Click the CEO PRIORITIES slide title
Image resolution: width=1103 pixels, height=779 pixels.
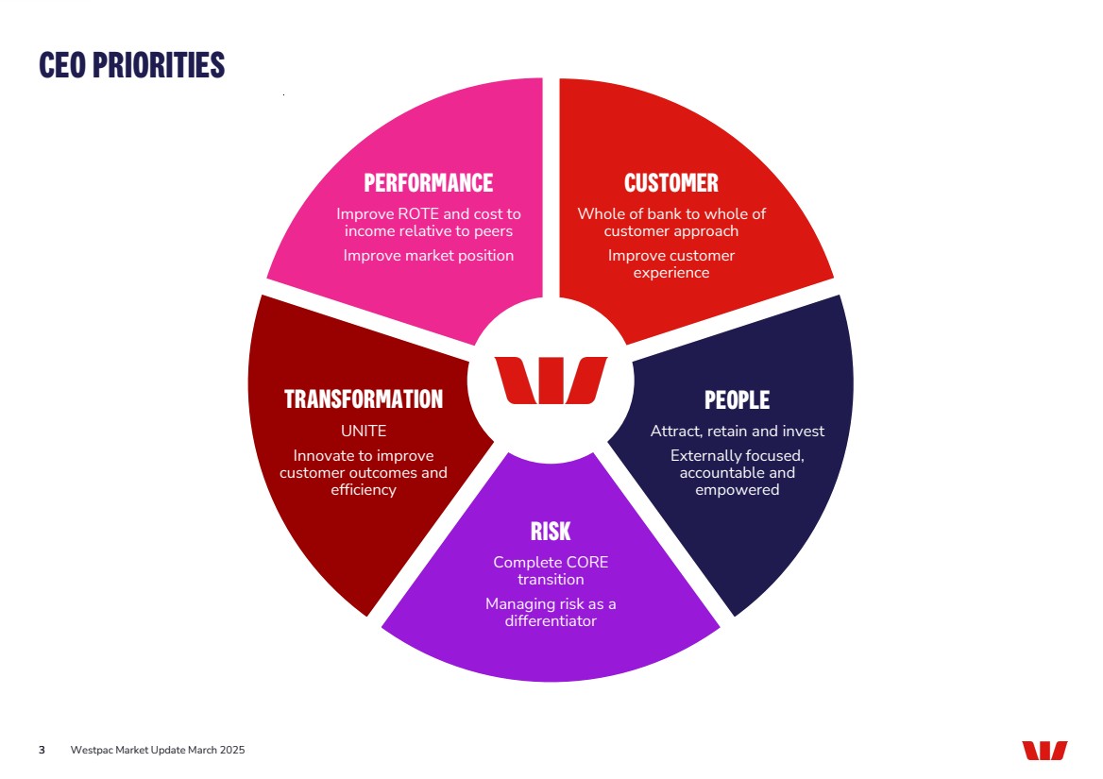click(x=132, y=64)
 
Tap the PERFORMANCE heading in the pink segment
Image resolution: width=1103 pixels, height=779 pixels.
click(x=429, y=182)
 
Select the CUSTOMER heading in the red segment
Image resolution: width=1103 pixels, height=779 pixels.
click(x=671, y=182)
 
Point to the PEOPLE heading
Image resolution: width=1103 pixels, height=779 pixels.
click(x=737, y=400)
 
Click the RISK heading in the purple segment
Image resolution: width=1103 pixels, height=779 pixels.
click(x=551, y=531)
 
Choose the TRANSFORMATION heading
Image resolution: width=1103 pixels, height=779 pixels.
click(x=364, y=399)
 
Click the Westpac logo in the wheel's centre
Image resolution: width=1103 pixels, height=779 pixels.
click(x=551, y=380)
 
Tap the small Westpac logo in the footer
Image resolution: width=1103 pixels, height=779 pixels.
click(x=1044, y=751)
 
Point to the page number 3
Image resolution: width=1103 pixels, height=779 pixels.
click(x=42, y=751)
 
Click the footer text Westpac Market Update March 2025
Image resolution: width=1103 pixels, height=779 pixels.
click(x=158, y=751)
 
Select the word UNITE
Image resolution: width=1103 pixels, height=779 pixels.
click(x=364, y=431)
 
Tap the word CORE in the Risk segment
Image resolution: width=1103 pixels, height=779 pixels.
click(x=586, y=563)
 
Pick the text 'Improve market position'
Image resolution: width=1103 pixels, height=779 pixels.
click(x=429, y=255)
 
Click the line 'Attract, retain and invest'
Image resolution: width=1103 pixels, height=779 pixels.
click(x=738, y=431)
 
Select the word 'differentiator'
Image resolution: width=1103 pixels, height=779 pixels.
click(x=551, y=620)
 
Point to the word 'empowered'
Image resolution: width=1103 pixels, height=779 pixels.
click(x=738, y=490)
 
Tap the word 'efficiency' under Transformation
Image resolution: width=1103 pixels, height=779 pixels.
click(x=364, y=490)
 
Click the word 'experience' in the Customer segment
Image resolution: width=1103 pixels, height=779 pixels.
click(x=671, y=273)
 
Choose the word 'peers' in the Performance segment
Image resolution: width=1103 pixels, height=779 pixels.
click(x=494, y=231)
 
